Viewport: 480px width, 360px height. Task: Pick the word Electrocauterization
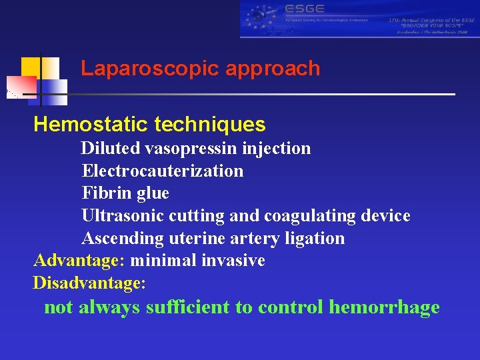click(x=163, y=171)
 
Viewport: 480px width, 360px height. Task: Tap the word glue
click(x=152, y=193)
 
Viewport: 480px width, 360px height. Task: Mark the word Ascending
click(x=123, y=238)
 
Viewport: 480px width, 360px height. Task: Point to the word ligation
click(x=315, y=238)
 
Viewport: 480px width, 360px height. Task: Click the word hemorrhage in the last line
click(x=384, y=307)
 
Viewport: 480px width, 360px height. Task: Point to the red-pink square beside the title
click(x=22, y=85)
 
